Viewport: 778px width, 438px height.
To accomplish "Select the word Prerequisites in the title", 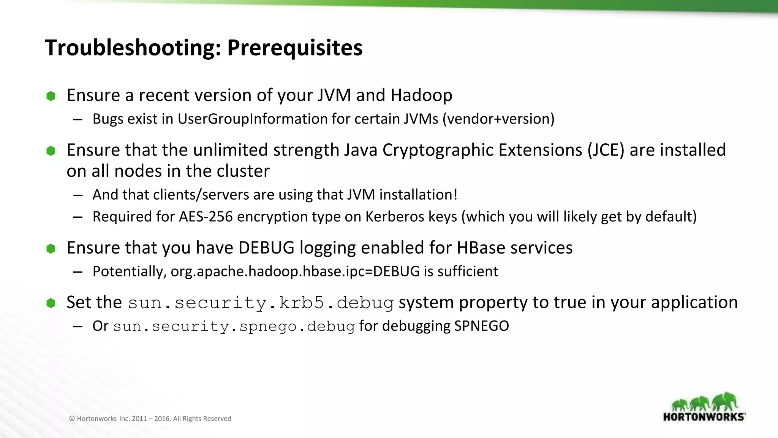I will pos(295,48).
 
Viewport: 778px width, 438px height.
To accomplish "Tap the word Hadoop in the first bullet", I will pos(421,95).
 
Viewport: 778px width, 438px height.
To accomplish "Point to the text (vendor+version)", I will pos(498,119).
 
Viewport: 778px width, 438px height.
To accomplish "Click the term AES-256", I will pos(206,217).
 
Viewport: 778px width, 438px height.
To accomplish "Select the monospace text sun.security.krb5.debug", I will pos(261,303).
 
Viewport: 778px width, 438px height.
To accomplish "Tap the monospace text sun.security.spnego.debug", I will pos(234,326).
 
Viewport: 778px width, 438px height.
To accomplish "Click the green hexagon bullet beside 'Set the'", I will pos(51,303).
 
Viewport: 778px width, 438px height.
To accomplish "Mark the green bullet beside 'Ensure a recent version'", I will pos(51,96).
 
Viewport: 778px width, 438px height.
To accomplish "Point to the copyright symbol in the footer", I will pos(72,419).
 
